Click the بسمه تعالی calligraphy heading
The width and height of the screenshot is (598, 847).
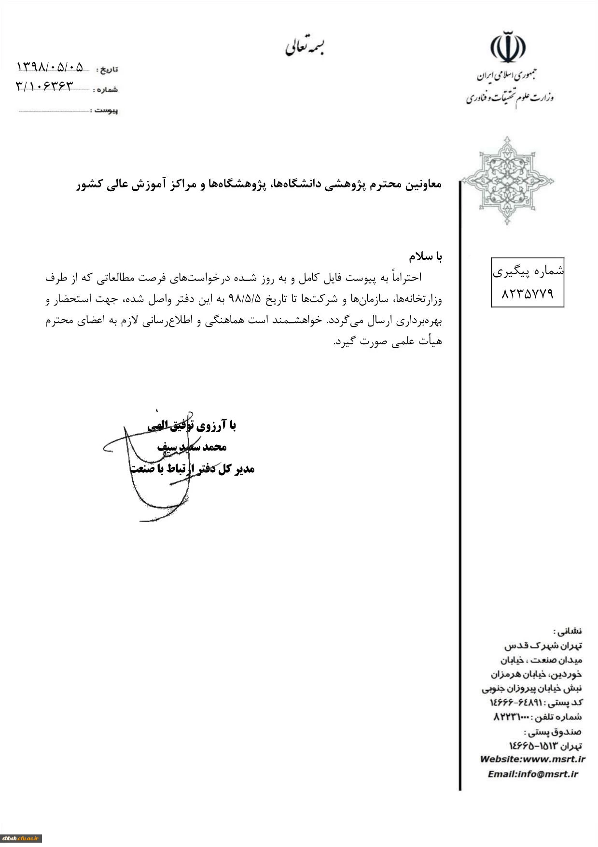305,47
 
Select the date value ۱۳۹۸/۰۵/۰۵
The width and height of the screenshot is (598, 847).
50,67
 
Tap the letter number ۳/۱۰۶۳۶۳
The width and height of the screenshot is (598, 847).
45,86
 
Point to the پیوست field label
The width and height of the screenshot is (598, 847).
106,111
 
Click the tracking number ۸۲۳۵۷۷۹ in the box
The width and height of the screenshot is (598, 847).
527,294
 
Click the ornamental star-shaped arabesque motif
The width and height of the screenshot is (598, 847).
507,181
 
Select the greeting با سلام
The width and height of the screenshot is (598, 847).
425,256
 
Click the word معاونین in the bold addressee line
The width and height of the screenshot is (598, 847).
422,184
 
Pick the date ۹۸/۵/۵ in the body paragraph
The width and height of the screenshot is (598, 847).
245,299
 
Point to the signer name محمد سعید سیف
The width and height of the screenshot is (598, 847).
192,447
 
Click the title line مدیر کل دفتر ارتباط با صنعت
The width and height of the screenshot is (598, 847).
192,469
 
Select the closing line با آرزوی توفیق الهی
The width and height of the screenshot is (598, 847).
192,425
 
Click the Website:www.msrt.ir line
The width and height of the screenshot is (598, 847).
532,759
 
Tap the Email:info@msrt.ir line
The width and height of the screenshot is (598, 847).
532,774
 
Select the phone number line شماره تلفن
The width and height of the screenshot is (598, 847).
537,717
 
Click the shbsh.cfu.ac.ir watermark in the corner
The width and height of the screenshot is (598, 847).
21,838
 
